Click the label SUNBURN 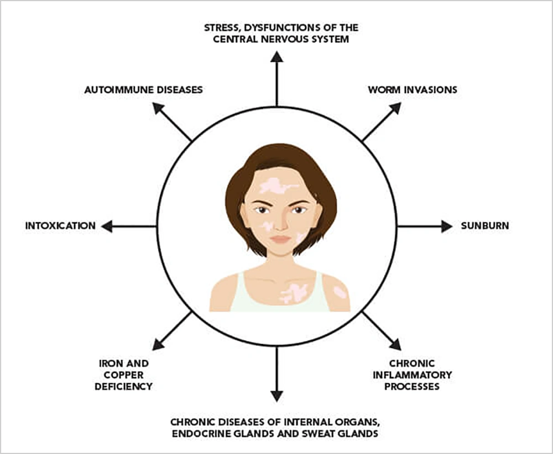click(x=485, y=226)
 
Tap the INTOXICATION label click(x=60, y=226)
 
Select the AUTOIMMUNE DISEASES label click(x=144, y=89)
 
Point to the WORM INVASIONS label click(x=413, y=89)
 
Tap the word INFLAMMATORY click(x=411, y=375)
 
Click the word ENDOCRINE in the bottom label click(x=202, y=434)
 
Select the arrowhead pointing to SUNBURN click(x=447, y=226)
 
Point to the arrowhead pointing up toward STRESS click(x=277, y=56)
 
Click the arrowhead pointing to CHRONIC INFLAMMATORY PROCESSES click(x=396, y=345)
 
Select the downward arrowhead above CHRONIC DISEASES click(x=277, y=395)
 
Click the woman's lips click(x=280, y=239)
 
